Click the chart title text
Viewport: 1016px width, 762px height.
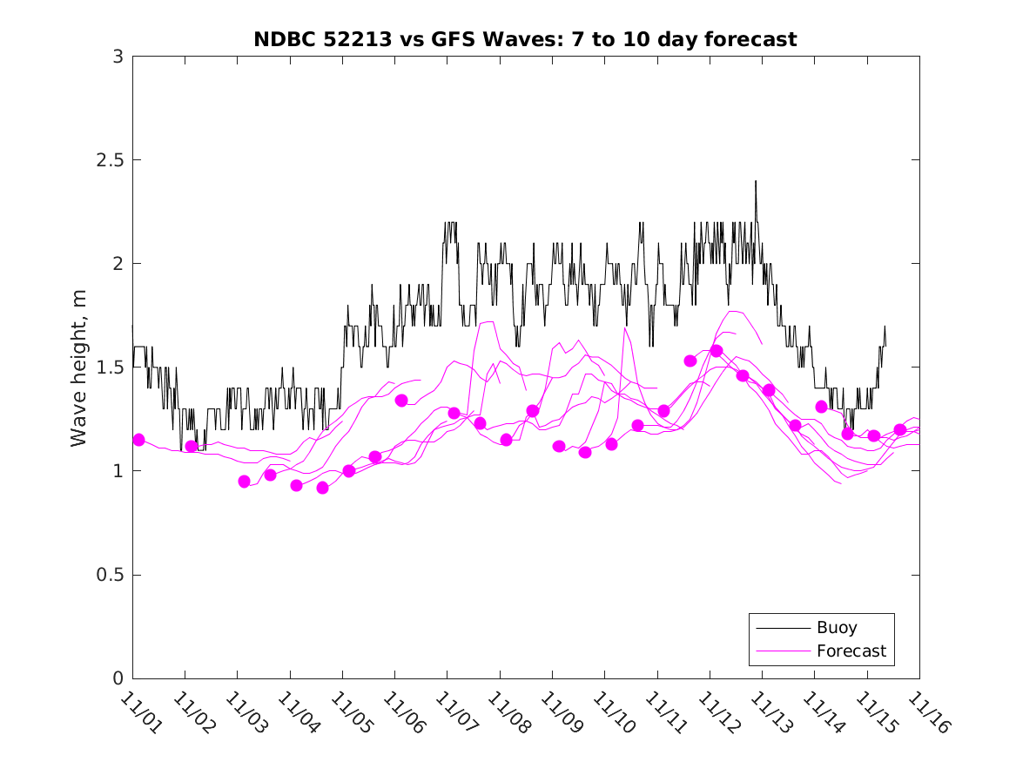point(525,39)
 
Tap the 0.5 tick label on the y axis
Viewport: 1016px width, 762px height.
point(110,575)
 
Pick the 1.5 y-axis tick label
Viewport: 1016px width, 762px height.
point(110,368)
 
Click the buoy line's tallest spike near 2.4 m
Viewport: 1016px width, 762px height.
point(756,181)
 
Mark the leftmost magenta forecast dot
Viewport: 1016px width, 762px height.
point(138,440)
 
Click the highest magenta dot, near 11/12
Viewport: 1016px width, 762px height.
point(717,351)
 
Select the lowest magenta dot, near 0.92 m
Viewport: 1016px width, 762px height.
point(323,488)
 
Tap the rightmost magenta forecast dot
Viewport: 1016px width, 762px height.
point(900,429)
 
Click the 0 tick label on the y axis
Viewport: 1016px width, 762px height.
point(118,678)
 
